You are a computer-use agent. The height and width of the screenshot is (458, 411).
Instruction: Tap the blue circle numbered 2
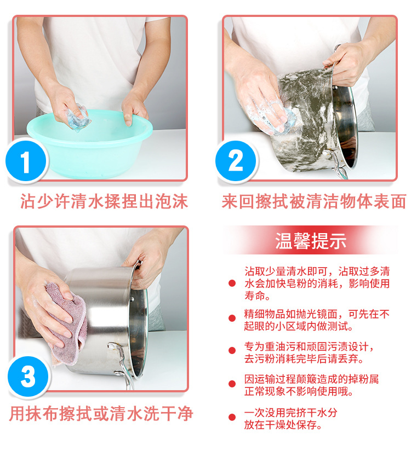click(235, 161)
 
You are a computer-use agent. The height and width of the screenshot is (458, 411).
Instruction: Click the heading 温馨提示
click(311, 241)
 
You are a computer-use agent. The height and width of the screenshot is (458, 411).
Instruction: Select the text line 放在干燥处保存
click(283, 425)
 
